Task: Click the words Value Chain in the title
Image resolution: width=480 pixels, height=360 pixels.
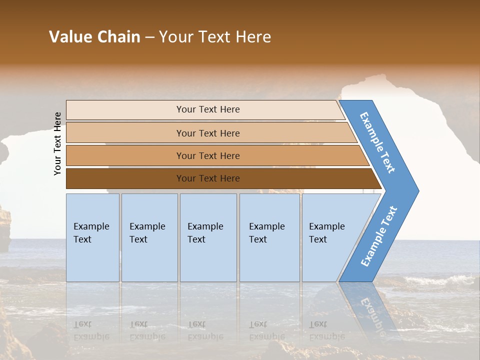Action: [94, 37]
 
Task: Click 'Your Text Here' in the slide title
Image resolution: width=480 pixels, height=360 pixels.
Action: [215, 37]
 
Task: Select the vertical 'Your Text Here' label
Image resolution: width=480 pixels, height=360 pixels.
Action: [57, 143]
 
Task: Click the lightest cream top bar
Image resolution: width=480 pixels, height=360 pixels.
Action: [125, 110]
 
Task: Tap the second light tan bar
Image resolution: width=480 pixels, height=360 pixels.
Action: [125, 133]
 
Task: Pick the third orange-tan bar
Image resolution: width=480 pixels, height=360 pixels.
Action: [125, 155]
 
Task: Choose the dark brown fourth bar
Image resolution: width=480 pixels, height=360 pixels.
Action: [125, 178]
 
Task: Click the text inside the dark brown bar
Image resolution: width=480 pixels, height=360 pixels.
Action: [208, 178]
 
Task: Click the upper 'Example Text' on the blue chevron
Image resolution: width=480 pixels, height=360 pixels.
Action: [377, 142]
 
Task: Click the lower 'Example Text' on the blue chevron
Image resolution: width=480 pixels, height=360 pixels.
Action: [378, 236]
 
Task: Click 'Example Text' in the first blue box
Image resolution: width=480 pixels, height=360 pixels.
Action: [91, 233]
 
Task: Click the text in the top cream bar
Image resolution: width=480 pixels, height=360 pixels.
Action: [208, 109]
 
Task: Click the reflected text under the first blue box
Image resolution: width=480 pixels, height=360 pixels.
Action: [91, 330]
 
